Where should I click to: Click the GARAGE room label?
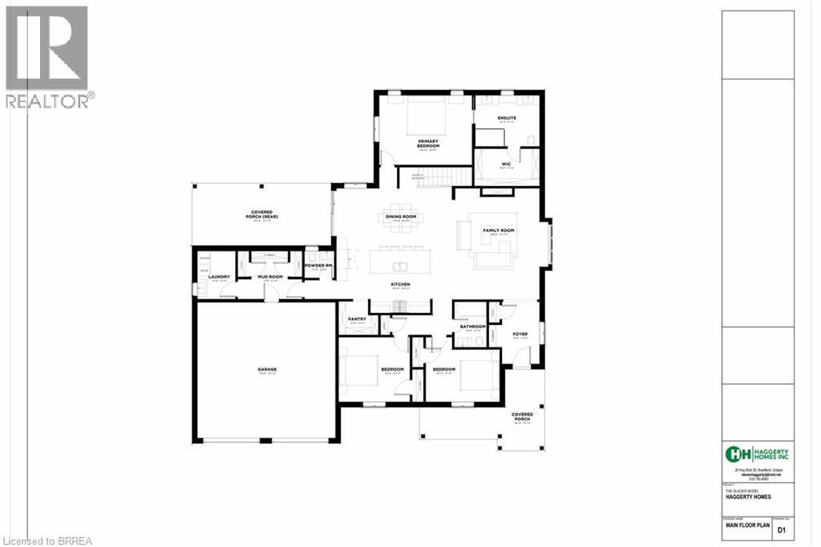(267, 370)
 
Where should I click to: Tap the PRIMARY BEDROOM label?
(427, 143)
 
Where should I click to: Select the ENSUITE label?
(506, 119)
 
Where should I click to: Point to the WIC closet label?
(506, 164)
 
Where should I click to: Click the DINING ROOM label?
(401, 217)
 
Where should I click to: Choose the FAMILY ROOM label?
(498, 230)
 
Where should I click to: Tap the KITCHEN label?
(400, 285)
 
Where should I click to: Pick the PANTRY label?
(357, 319)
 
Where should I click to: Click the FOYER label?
(520, 334)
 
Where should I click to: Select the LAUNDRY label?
(220, 278)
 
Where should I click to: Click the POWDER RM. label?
(317, 265)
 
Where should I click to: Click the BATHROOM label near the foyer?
(472, 326)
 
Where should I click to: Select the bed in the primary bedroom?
(427, 117)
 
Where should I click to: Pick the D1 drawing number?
(781, 530)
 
